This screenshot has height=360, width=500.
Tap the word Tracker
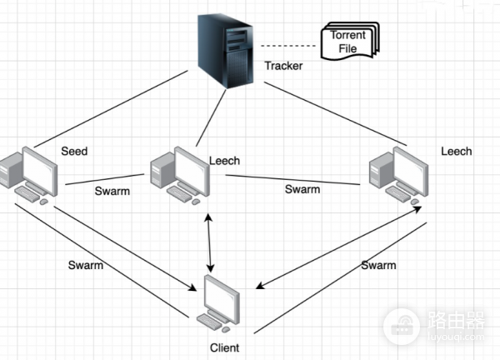[283, 66]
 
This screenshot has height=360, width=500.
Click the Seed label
[74, 152]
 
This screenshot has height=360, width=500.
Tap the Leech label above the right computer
[456, 152]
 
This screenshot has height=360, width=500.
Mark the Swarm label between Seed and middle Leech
[112, 192]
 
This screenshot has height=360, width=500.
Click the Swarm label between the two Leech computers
[302, 189]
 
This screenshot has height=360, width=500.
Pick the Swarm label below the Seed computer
[86, 265]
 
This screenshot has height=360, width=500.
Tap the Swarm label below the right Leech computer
[378, 265]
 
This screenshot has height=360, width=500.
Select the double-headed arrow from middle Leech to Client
[209, 242]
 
